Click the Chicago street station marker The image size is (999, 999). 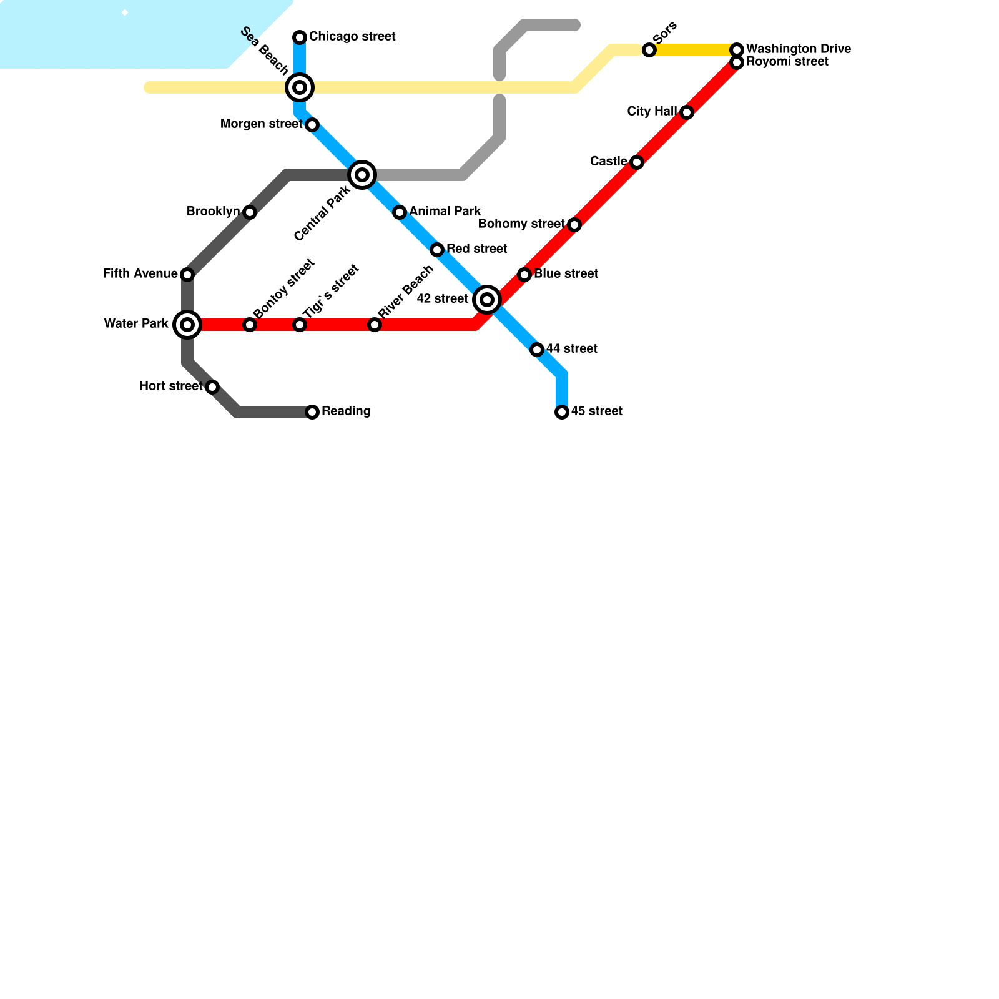300,37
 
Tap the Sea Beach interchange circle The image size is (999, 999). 300,87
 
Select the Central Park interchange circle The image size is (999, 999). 362,175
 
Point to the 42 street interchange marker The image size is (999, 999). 487,300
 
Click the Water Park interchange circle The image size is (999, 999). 187,325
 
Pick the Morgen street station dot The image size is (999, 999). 312,125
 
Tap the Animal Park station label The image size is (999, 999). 445,212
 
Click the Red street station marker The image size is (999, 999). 437,250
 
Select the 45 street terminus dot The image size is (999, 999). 562,412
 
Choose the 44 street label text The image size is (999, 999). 571,349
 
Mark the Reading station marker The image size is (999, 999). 312,412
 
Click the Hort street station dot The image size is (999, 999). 212,387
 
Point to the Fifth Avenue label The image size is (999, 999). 140,274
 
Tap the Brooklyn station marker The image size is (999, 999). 250,212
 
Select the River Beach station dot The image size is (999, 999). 375,325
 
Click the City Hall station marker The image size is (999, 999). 687,112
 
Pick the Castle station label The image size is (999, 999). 608,162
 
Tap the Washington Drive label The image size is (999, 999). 798,49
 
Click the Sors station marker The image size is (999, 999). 649,50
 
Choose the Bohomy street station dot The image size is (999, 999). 574,225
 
